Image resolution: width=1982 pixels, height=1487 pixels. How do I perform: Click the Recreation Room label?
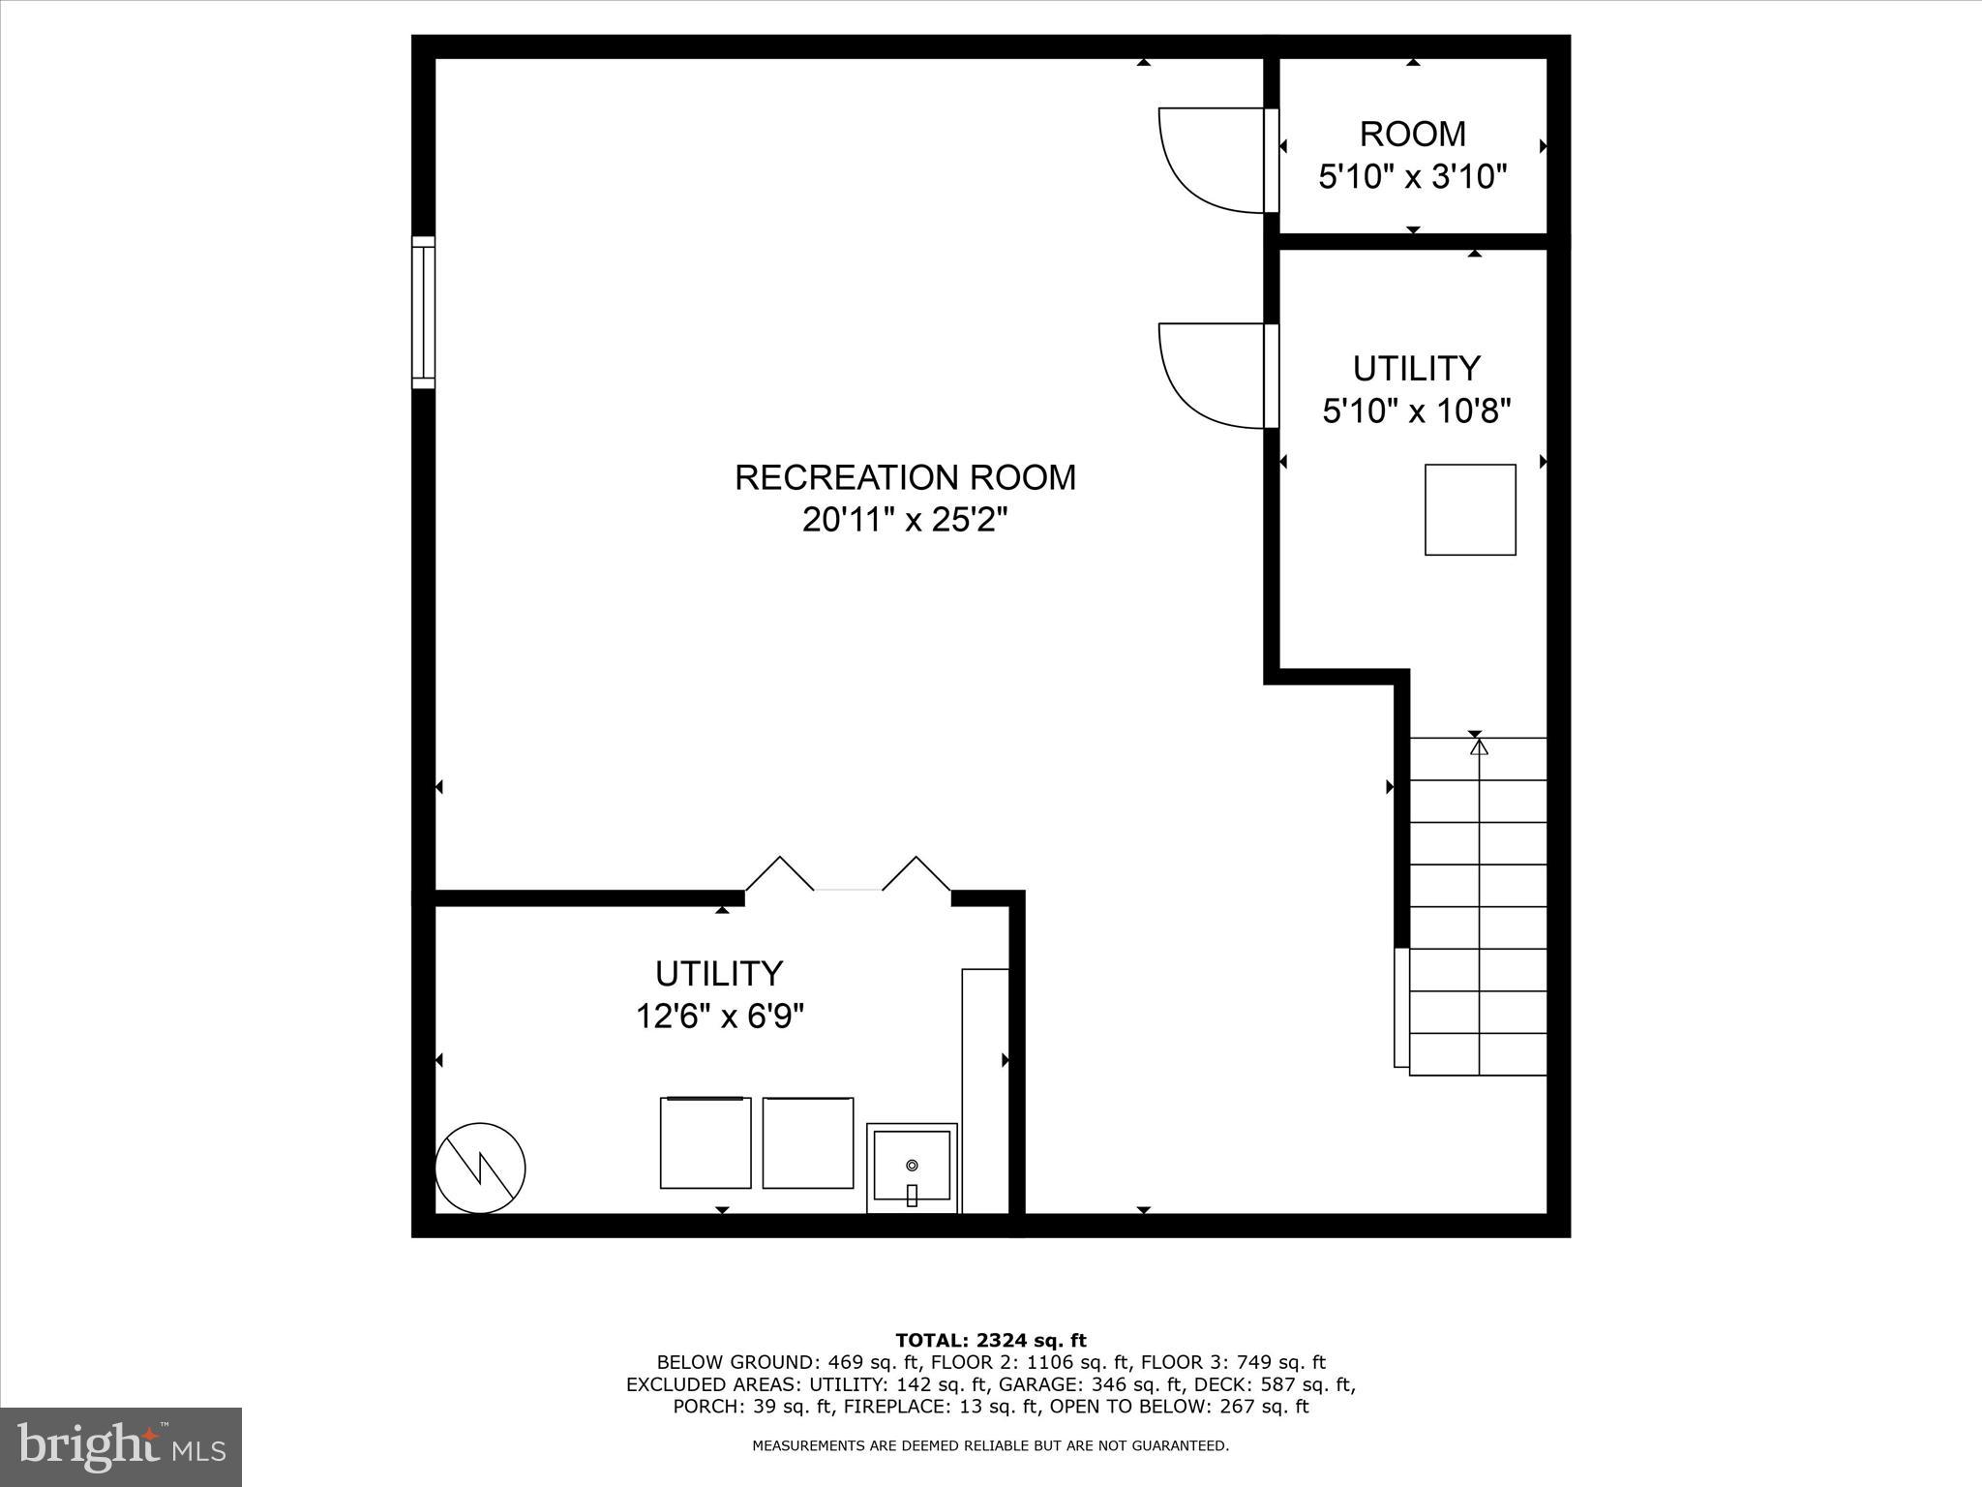point(905,478)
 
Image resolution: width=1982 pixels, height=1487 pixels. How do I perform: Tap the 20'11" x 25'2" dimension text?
point(905,522)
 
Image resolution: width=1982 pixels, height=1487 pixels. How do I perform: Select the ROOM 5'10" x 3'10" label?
point(1413,155)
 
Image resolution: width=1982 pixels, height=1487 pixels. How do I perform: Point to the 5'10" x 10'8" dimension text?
point(1417,412)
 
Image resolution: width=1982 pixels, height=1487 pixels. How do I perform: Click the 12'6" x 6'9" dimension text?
point(720,1017)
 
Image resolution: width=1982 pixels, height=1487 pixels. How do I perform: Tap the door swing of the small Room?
point(1210,160)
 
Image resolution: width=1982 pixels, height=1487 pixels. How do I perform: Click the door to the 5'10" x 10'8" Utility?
point(1210,376)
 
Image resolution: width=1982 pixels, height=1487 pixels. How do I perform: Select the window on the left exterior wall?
point(423,312)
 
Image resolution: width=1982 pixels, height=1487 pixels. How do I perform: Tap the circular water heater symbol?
point(480,1168)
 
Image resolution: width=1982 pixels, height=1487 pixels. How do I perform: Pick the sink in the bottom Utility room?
point(912,1168)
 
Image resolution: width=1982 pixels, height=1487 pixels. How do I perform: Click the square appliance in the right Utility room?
point(1470,510)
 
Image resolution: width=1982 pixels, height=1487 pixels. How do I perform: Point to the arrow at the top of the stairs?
point(1478,747)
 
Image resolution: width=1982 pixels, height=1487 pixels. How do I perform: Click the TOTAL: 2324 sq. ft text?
point(991,1341)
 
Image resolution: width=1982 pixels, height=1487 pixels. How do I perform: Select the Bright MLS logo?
point(121,1446)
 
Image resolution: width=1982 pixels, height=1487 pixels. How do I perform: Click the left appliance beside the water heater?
point(706,1142)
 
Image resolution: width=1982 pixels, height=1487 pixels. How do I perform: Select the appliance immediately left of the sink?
point(808,1142)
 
